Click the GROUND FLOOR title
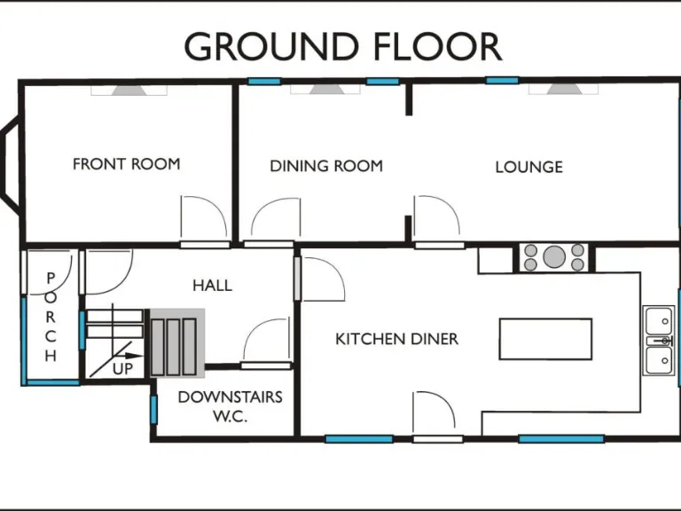(342, 46)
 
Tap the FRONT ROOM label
(126, 164)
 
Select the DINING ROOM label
(326, 166)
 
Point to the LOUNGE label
(528, 167)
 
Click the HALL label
(212, 286)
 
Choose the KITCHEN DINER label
(396, 339)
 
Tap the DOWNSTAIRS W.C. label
(230, 405)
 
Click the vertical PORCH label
(51, 318)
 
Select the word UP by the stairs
(122, 368)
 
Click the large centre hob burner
(554, 257)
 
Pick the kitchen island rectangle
(545, 339)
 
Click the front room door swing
(199, 218)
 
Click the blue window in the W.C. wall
(153, 409)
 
